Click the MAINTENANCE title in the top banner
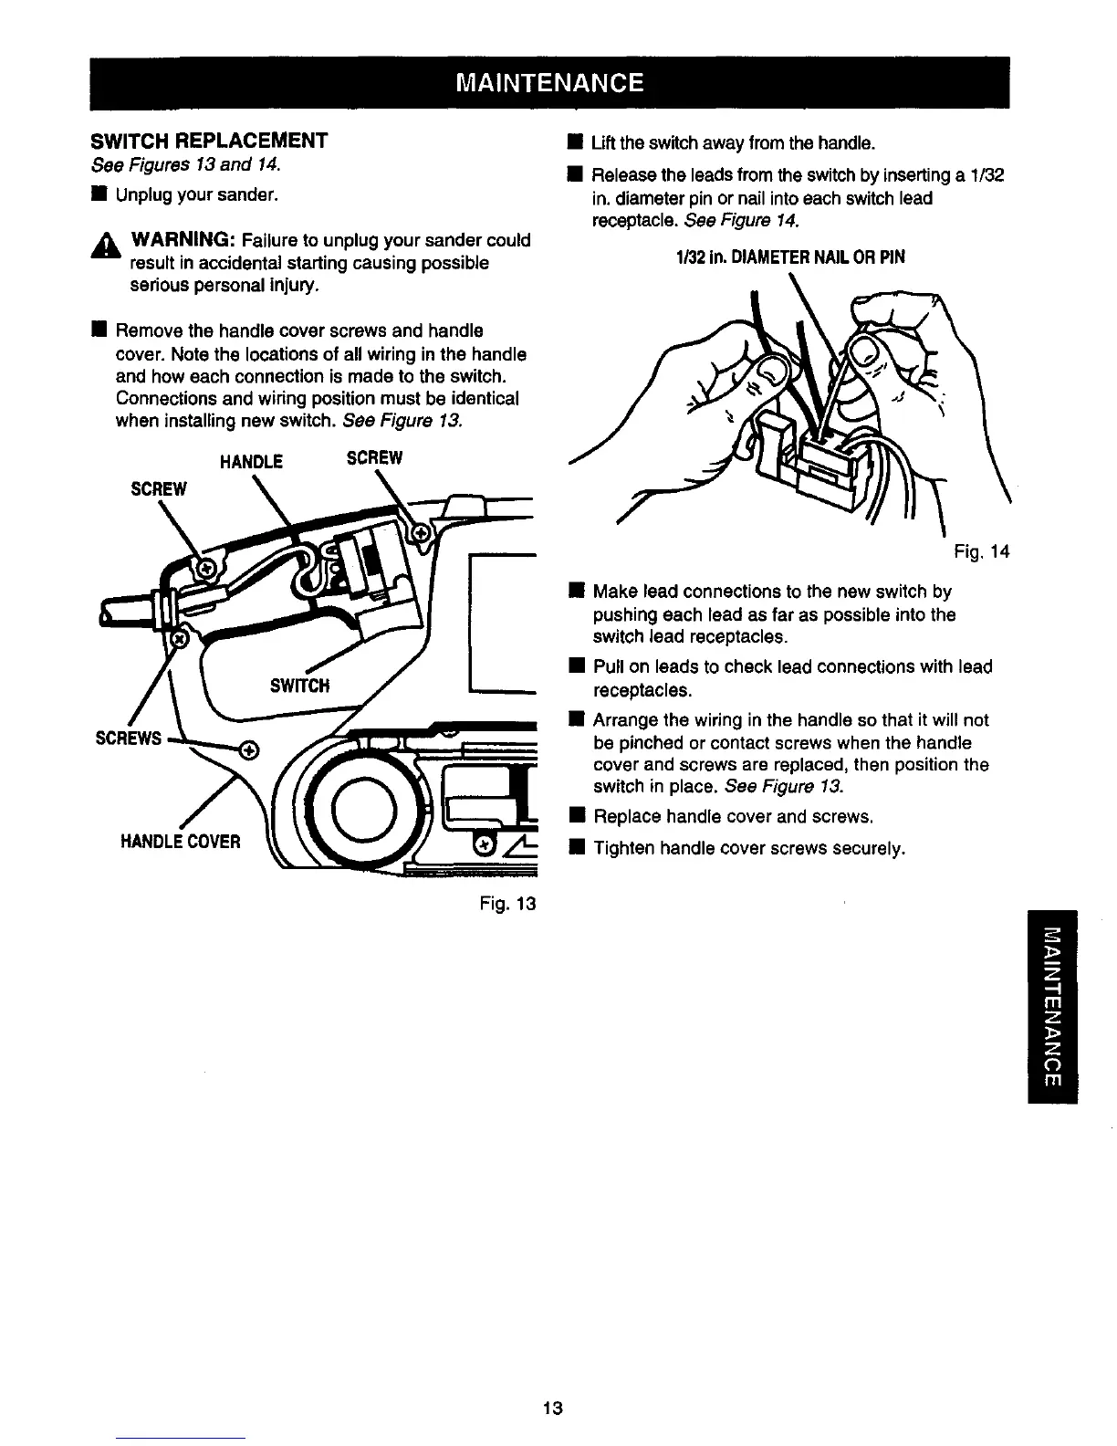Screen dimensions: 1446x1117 [550, 83]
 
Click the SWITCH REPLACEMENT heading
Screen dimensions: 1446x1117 [209, 141]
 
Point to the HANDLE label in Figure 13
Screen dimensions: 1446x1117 [252, 462]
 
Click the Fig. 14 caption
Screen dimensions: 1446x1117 [982, 551]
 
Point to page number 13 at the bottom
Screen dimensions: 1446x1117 [552, 1407]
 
